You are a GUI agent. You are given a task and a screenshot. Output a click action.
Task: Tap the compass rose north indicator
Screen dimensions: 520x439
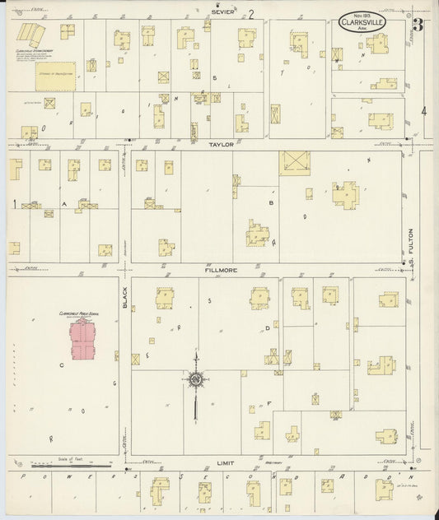coord(196,379)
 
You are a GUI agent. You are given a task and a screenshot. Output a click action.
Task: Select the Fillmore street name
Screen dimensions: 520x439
coord(221,268)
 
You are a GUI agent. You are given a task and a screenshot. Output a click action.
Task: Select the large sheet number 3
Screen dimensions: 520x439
coord(418,24)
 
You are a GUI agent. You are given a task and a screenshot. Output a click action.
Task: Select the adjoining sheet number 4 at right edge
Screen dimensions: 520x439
coord(424,111)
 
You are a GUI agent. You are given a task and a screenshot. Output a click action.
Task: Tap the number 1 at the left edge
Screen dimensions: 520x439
coord(14,202)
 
